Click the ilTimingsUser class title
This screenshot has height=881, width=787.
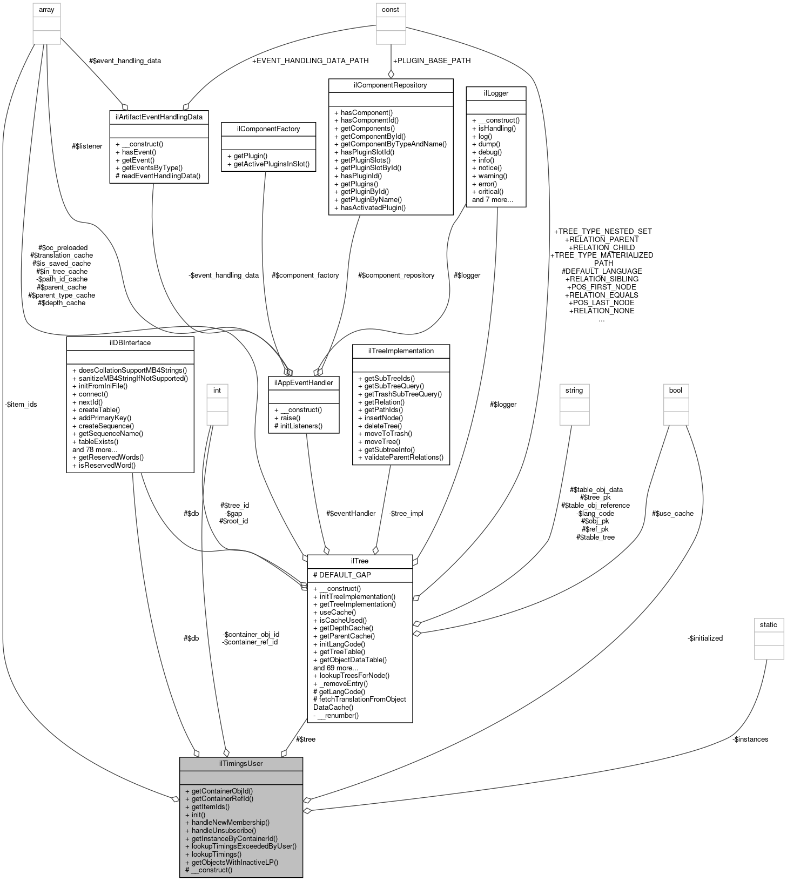(241, 763)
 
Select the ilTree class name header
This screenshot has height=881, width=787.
(360, 561)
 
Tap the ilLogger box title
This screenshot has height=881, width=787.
(496, 93)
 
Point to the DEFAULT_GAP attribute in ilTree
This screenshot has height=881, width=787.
(342, 575)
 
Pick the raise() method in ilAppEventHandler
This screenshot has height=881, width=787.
(290, 418)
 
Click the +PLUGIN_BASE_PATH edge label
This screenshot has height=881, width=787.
(432, 60)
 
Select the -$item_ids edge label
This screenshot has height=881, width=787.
(21, 404)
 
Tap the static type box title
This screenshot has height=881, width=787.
(768, 624)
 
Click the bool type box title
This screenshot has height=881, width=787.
(675, 390)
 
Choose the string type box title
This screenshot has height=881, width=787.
(574, 390)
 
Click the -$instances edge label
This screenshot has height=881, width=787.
(750, 739)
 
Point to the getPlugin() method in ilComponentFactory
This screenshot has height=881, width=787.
(247, 156)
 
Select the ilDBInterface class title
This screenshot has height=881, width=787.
(130, 342)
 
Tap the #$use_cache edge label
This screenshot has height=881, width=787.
(672, 513)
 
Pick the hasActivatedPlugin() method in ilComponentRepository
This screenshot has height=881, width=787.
(370, 207)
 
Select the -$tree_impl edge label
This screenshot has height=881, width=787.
(406, 513)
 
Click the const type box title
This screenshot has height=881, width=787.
(390, 9)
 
